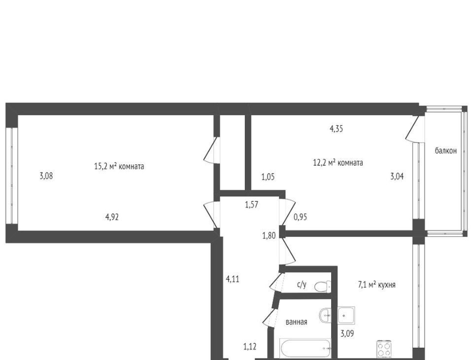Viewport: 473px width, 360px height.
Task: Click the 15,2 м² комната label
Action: [119, 166]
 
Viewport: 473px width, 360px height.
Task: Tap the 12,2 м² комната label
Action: [338, 163]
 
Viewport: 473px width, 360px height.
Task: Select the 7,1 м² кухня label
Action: [377, 285]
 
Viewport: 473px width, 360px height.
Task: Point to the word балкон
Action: [445, 150]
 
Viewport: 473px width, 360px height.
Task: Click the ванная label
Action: [296, 322]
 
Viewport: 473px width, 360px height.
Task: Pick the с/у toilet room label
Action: [302, 284]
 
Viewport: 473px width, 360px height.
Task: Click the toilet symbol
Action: [322, 286]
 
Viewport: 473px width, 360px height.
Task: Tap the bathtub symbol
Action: [305, 349]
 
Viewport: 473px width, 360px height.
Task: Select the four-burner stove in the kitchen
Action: [384, 349]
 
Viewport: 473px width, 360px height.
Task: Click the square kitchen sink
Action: [346, 315]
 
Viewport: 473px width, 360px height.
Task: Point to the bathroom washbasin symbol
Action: [326, 315]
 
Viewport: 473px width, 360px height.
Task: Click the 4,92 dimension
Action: [112, 217]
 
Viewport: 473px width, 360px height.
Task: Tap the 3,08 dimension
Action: [46, 176]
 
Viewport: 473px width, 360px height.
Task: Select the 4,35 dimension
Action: [337, 129]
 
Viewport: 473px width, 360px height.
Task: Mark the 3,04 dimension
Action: [397, 176]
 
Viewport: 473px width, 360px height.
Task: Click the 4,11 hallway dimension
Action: [233, 279]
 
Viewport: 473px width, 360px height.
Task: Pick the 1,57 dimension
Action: [251, 205]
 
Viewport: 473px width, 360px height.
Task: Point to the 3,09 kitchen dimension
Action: [347, 334]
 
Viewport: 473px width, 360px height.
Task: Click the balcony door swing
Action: [413, 129]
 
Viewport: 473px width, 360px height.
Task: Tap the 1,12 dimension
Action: [250, 346]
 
